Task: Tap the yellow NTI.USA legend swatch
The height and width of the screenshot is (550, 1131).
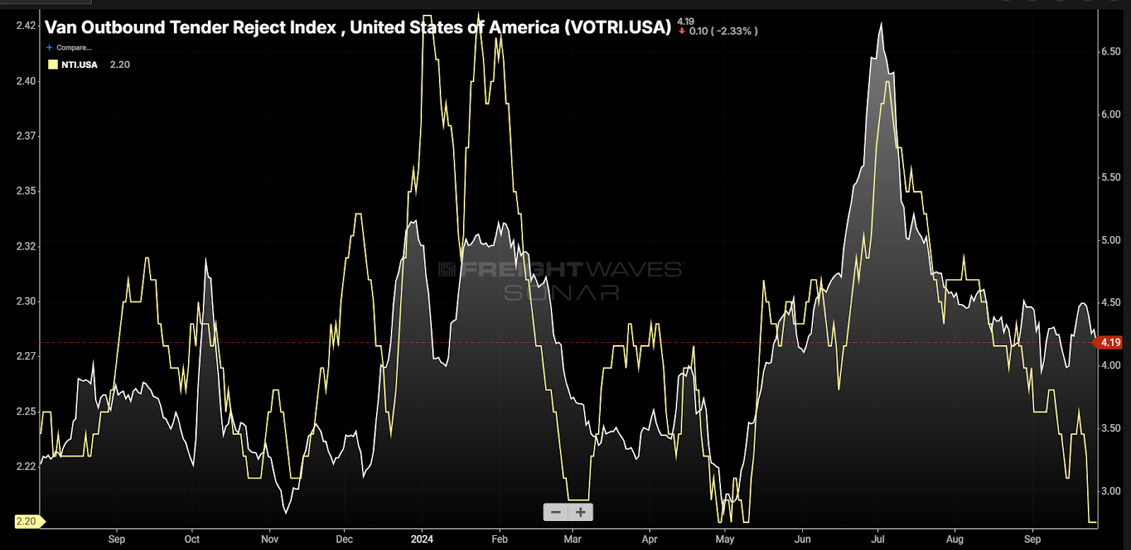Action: (53, 64)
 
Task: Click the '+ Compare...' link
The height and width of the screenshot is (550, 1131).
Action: (69, 47)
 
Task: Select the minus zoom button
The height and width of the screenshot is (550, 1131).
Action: (556, 513)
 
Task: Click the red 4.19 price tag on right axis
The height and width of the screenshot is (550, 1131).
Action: (1109, 343)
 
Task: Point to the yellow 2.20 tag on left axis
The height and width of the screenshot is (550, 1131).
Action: (27, 522)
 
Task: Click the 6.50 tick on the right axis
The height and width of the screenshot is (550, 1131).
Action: (1111, 52)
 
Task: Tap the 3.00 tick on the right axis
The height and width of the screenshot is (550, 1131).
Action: (1111, 491)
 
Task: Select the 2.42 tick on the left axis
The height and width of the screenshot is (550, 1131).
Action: (25, 25)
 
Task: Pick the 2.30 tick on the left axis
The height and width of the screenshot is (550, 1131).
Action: (25, 301)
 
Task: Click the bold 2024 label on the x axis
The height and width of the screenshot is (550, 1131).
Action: (422, 539)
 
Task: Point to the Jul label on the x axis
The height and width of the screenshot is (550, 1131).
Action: (878, 539)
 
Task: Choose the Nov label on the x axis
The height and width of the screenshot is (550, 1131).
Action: (269, 539)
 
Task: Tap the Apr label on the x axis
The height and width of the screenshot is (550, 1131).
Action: (650, 539)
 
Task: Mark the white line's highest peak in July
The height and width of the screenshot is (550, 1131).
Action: (881, 25)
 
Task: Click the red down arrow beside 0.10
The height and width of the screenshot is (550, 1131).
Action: (682, 31)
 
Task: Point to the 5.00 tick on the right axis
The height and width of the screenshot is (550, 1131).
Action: (1111, 240)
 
